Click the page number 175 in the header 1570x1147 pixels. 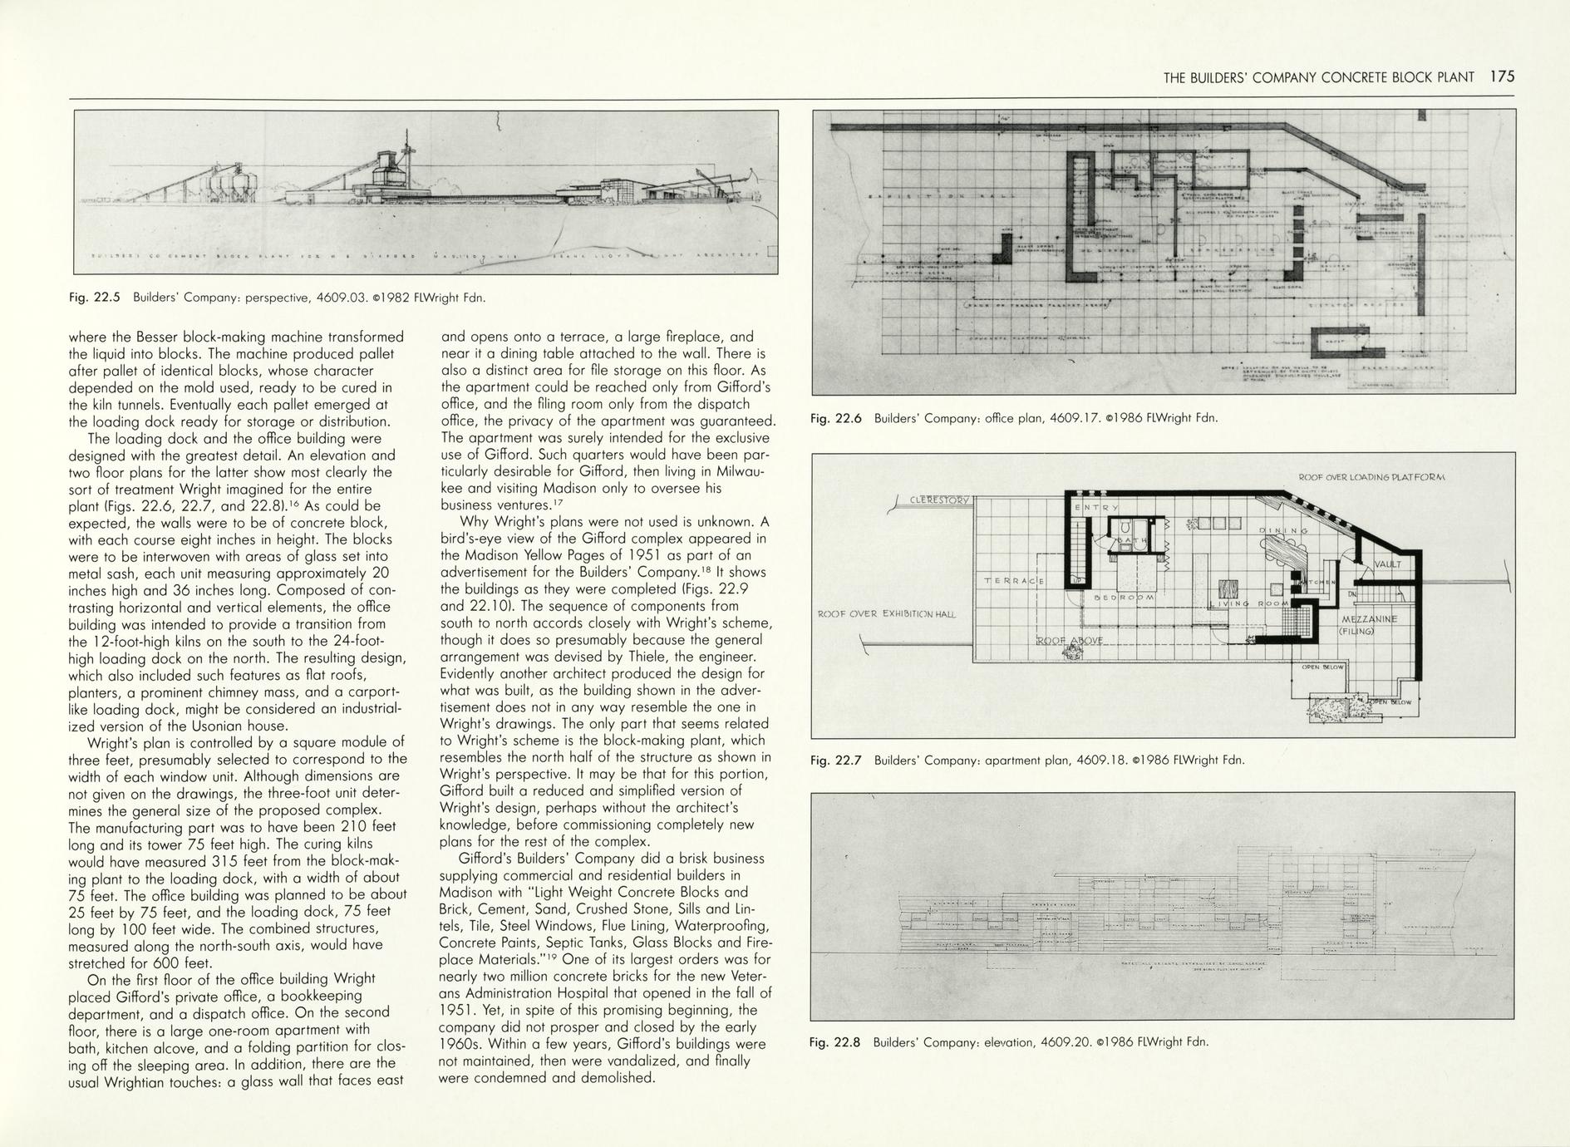(1503, 76)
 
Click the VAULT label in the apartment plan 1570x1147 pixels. (1387, 564)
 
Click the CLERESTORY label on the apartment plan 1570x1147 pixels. (939, 500)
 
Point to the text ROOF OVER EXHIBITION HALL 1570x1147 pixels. (887, 614)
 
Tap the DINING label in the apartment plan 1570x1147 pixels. (1284, 530)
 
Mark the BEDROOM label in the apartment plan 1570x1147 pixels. (1124, 597)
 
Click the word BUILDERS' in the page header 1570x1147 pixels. (1218, 77)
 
